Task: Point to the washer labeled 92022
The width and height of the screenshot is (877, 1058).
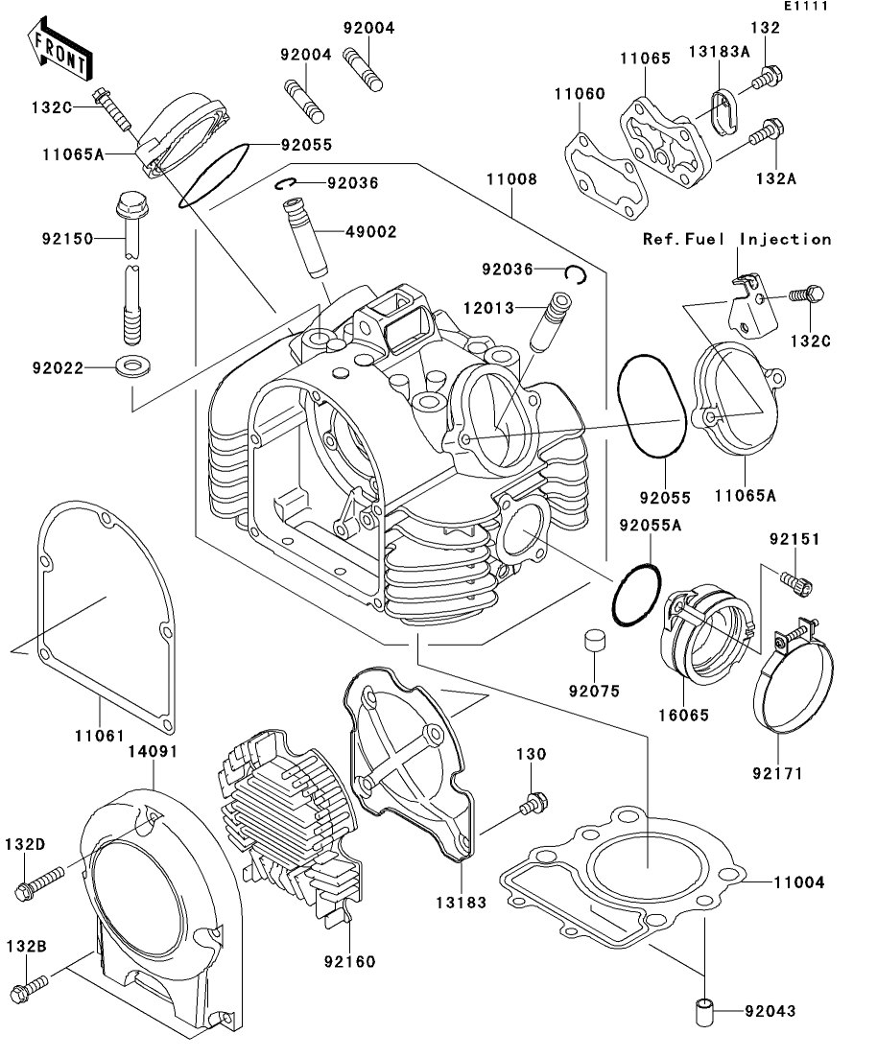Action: click(126, 365)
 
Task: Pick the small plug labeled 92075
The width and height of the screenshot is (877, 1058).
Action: click(592, 643)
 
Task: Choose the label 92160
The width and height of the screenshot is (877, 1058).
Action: click(349, 961)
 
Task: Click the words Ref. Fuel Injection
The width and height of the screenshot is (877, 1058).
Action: click(737, 240)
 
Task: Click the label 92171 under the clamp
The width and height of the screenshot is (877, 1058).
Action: click(777, 770)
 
